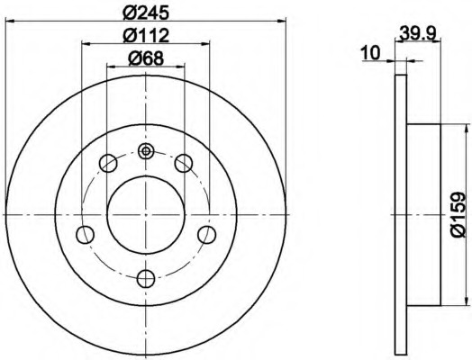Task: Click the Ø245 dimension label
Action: (146, 13)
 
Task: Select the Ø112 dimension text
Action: (146, 35)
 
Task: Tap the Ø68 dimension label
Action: (146, 58)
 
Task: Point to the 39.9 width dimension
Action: (418, 32)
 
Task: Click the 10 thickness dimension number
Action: (371, 53)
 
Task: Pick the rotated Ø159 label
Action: (458, 214)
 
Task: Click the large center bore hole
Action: (146, 215)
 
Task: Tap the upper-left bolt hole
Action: (108, 163)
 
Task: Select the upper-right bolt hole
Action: (184, 163)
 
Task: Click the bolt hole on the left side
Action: (86, 235)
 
